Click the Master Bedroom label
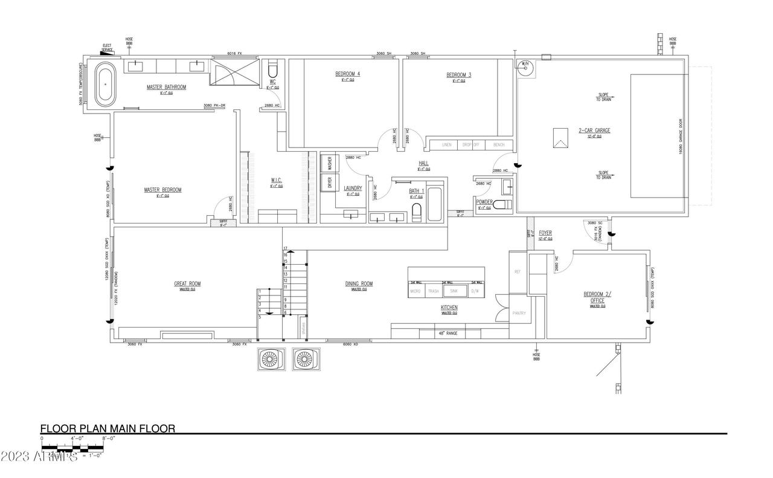(162, 190)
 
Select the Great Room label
(187, 283)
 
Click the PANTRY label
(519, 313)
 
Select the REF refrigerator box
(518, 272)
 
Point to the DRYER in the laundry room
(330, 183)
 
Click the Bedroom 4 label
(347, 74)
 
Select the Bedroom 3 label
(458, 75)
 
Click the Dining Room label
(359, 283)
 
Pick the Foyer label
(545, 233)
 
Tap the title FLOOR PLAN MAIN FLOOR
(107, 428)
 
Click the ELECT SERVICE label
(107, 47)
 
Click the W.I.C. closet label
(276, 180)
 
